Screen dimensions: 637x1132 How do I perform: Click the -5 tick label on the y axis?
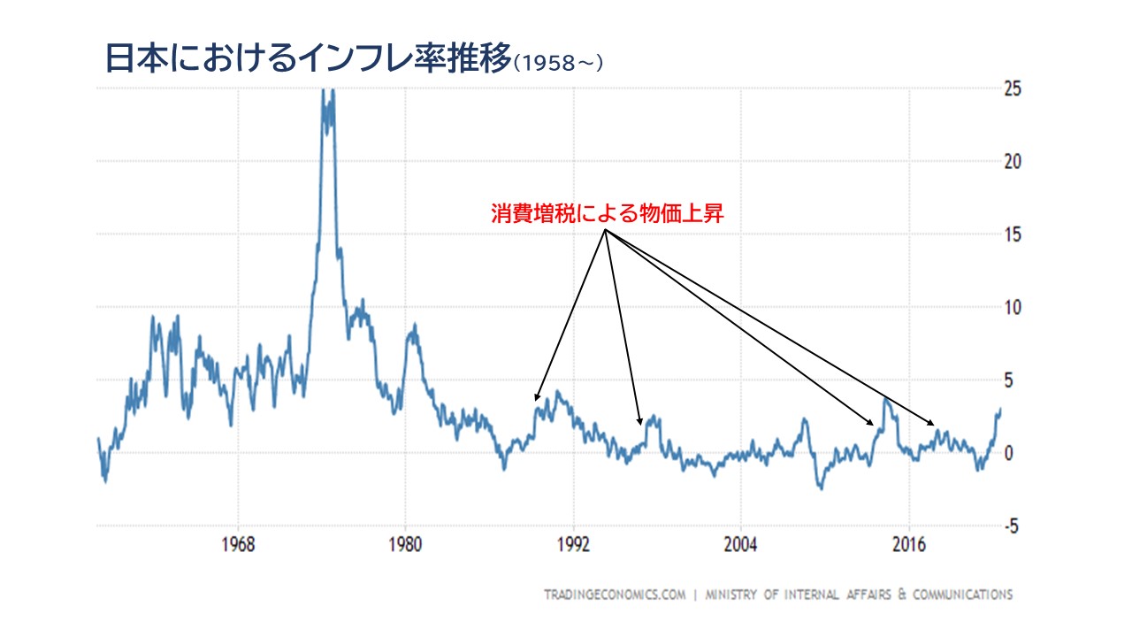(1012, 526)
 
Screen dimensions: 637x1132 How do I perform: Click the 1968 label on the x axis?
(238, 543)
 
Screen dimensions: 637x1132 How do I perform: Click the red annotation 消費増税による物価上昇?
(608, 214)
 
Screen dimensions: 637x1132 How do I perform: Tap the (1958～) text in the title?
(558, 64)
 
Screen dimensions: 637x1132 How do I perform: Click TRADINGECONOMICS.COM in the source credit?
(615, 595)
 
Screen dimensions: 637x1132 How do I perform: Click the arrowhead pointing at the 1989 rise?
(537, 398)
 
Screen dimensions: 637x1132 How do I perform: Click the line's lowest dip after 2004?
(821, 487)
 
